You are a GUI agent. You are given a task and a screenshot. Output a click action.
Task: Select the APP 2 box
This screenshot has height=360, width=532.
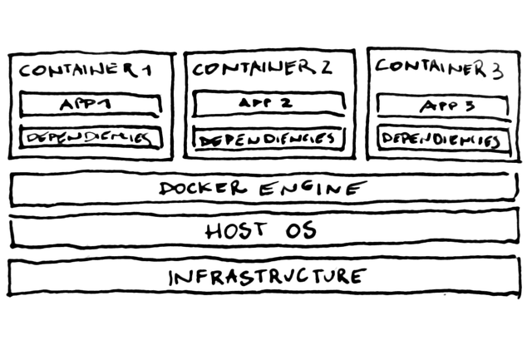pyautogui.click(x=267, y=104)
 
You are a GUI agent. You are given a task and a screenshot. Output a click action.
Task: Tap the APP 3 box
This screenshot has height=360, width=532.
pyautogui.click(x=441, y=106)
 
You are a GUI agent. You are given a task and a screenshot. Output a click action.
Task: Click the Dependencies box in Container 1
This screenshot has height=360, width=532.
pyautogui.click(x=90, y=137)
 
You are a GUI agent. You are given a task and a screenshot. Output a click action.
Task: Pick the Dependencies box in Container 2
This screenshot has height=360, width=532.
pyautogui.click(x=266, y=138)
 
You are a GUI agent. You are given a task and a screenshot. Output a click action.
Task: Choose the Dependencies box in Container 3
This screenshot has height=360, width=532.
pyautogui.click(x=441, y=139)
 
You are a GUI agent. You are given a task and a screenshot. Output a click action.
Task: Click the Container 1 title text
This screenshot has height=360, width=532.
pyautogui.click(x=90, y=71)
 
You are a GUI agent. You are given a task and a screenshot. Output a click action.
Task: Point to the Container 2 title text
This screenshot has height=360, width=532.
pyautogui.click(x=263, y=69)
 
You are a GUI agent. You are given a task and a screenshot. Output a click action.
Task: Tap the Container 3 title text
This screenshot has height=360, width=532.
pyautogui.click(x=438, y=68)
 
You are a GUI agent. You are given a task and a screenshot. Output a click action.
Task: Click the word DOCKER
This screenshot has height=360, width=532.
pyautogui.click(x=203, y=188)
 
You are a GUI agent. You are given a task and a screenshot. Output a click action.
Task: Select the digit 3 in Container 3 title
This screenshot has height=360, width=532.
pyautogui.click(x=497, y=70)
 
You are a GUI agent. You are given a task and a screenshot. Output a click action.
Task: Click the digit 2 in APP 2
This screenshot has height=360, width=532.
pyautogui.click(x=285, y=104)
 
